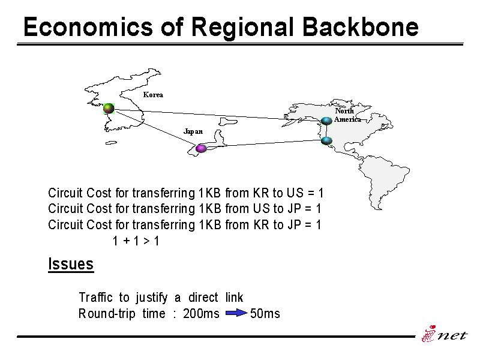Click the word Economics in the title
click(88, 27)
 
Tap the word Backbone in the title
click(361, 26)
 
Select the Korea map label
click(153, 95)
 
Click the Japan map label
click(193, 131)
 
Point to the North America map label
click(347, 115)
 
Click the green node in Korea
click(109, 109)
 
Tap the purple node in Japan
click(201, 148)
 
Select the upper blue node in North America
click(326, 121)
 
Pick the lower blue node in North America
click(326, 141)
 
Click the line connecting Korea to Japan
click(155, 128)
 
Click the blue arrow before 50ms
click(236, 313)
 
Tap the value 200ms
click(201, 313)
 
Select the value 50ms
click(265, 313)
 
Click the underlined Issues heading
click(71, 264)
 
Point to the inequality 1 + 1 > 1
click(136, 241)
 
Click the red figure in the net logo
click(429, 334)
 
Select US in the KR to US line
click(295, 193)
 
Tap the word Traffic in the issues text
click(96, 297)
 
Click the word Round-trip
click(107, 314)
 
